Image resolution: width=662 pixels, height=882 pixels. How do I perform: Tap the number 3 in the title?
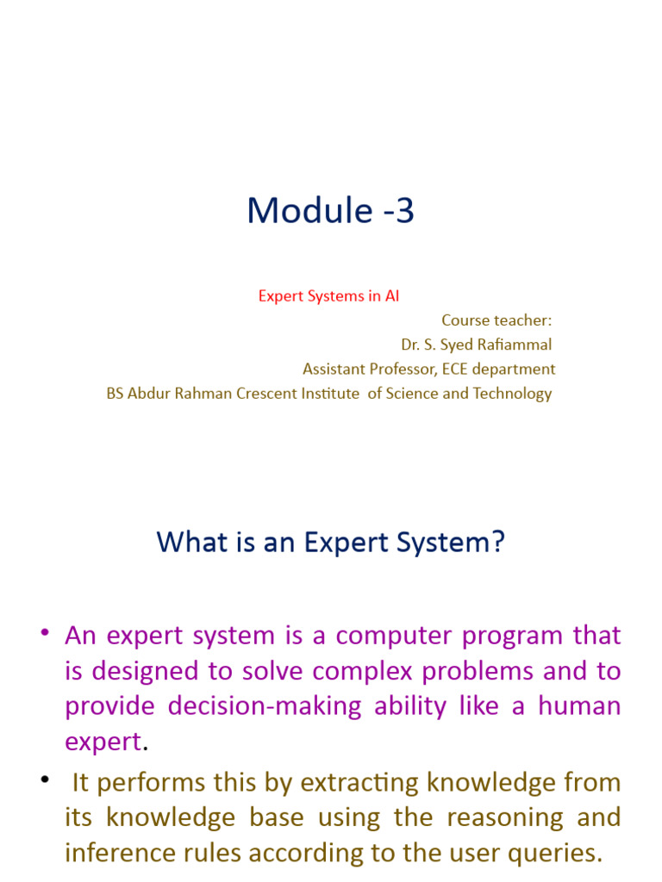405,211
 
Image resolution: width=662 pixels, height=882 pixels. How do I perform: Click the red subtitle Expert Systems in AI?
328,296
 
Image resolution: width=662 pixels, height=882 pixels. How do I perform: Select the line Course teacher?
496,320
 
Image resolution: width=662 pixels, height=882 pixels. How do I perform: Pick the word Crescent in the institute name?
243,394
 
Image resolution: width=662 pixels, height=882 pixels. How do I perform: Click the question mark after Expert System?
497,543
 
